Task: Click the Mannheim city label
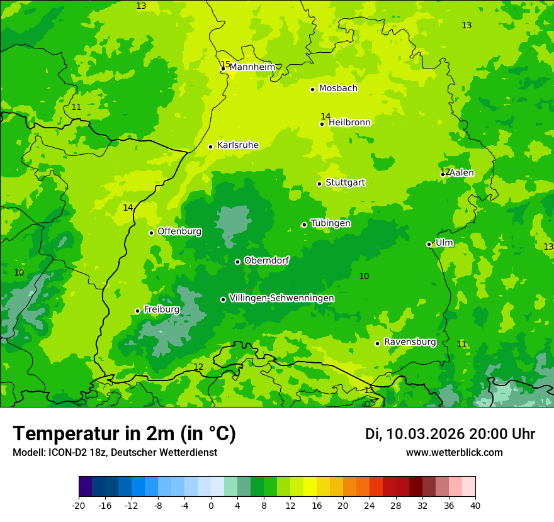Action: click(252, 67)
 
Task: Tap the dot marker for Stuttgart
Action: click(319, 184)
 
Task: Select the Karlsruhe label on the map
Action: click(237, 145)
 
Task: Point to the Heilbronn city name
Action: click(349, 123)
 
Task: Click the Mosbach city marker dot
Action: click(312, 89)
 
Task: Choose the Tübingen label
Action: click(331, 223)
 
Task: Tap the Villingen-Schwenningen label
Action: click(281, 298)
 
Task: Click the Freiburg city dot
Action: click(137, 311)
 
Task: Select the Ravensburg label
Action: click(410, 342)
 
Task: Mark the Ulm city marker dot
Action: click(429, 244)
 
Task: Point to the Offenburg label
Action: click(179, 231)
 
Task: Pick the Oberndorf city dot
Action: click(237, 262)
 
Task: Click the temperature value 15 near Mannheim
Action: click(225, 64)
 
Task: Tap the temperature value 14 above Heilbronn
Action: click(325, 116)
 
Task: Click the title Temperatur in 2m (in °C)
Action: click(124, 433)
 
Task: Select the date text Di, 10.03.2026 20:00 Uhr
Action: click(449, 434)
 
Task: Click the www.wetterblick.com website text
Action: click(454, 453)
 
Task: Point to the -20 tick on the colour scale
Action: click(79, 505)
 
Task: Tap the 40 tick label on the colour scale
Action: click(475, 505)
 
